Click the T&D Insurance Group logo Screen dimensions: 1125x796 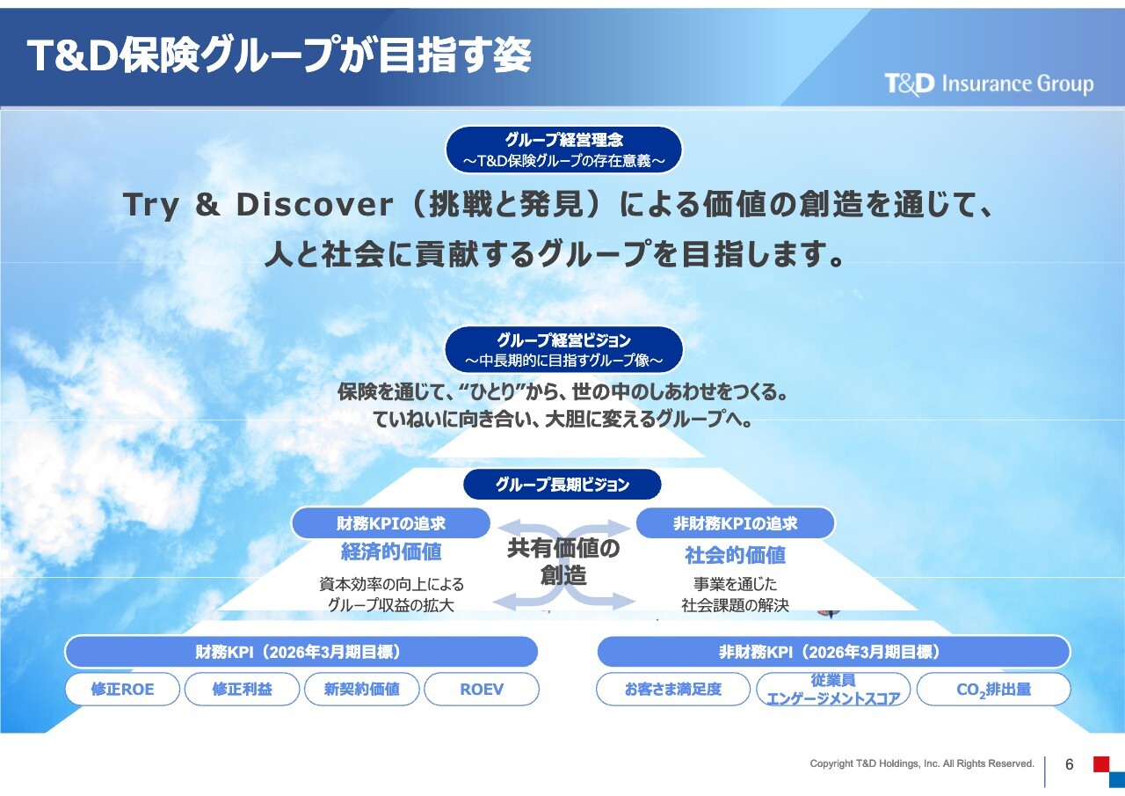coord(989,84)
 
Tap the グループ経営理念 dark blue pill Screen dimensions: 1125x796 coord(563,150)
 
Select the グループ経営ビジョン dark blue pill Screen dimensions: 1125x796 coord(563,350)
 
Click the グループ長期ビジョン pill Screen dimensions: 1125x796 coord(562,485)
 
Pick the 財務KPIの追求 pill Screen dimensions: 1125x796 coord(391,523)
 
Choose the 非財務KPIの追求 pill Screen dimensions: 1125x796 coord(736,523)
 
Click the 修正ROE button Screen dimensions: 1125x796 coord(122,689)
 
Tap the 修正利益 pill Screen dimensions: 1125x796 coord(242,689)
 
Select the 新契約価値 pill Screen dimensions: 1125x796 coord(361,689)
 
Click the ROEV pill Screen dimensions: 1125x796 coord(482,689)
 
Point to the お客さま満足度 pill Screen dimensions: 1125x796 coord(673,689)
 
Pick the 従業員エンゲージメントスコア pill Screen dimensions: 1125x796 coord(833,689)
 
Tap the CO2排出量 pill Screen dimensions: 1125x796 coord(993,689)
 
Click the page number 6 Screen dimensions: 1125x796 coord(1070,764)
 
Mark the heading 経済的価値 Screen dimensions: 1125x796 coord(391,551)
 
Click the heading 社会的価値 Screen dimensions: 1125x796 coord(736,555)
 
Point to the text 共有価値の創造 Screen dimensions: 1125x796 coord(563,562)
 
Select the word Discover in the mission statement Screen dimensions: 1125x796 coord(315,205)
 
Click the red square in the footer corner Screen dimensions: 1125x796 coord(1101,763)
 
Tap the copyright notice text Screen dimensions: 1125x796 coord(922,763)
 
